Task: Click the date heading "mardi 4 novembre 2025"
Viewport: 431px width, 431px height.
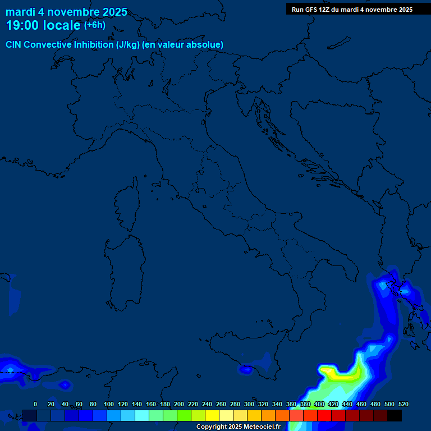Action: pos(66,12)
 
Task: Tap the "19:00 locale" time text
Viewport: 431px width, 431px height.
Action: pos(43,25)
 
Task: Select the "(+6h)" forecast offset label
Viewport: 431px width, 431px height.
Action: pos(94,25)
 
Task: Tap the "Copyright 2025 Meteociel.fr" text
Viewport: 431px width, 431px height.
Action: pos(238,427)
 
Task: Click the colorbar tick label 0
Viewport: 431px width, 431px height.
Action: pos(35,404)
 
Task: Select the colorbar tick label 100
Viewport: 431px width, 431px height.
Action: pos(109,404)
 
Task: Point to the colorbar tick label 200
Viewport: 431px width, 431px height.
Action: pos(179,404)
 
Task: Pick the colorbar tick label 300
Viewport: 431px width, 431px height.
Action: pos(249,404)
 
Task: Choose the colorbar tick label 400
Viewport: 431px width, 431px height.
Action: pos(319,404)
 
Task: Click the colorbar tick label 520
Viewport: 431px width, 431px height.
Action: pos(403,404)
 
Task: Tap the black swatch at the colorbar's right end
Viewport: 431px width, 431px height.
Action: pos(395,415)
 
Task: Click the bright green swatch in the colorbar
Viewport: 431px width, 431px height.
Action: pos(184,415)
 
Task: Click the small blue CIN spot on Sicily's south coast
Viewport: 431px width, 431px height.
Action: pos(246,369)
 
